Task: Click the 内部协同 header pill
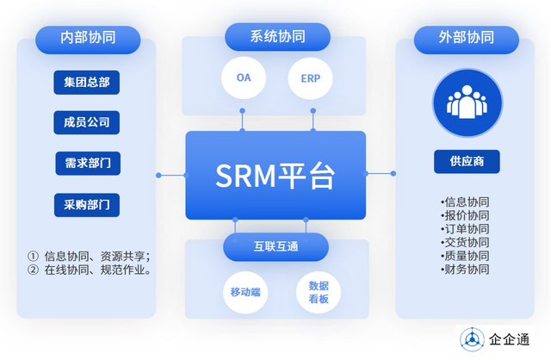[x=88, y=39]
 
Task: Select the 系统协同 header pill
[x=276, y=37]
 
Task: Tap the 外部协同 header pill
[x=466, y=39]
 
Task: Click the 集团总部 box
[x=86, y=83]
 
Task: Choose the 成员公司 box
[x=86, y=122]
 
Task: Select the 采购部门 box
[x=86, y=205]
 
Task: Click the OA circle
[x=244, y=78]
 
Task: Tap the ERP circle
[x=310, y=78]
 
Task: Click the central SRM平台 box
[x=275, y=176]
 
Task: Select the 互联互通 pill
[x=275, y=247]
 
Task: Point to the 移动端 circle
[x=245, y=293]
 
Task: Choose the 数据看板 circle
[x=318, y=293]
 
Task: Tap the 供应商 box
[x=466, y=161]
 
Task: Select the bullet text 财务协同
[x=465, y=270]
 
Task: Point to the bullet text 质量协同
[x=465, y=256]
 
